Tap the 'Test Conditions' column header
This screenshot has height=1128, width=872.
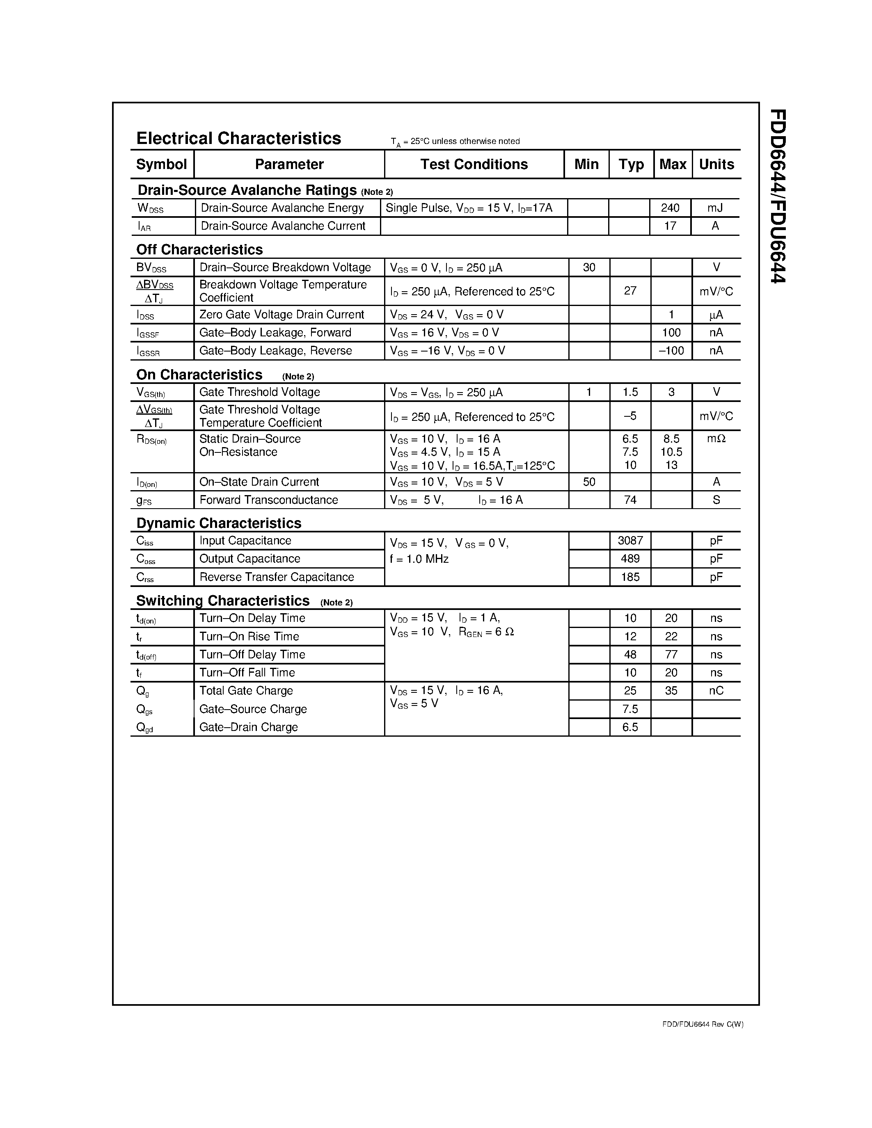point(474,164)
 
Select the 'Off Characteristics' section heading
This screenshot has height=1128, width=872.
point(199,249)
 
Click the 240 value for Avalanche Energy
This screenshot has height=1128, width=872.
point(670,208)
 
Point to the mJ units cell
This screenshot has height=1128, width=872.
point(715,208)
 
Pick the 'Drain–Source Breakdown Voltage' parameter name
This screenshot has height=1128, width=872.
point(285,267)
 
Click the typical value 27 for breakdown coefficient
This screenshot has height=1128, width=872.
point(630,291)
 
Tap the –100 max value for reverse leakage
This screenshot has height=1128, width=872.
point(671,351)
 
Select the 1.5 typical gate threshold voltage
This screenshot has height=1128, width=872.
point(630,392)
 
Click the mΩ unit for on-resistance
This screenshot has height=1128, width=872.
point(716,438)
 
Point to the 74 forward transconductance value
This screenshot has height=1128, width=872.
point(630,500)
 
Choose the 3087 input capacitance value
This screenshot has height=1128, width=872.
point(630,541)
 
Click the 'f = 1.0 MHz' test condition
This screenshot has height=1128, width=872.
point(419,559)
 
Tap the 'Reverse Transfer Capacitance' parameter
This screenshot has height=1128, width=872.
point(277,577)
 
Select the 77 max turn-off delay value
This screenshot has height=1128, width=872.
point(671,654)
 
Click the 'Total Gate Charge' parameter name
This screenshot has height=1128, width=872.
point(246,690)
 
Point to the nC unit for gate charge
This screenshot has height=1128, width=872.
point(716,690)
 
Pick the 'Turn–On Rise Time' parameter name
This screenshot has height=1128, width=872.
point(249,636)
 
